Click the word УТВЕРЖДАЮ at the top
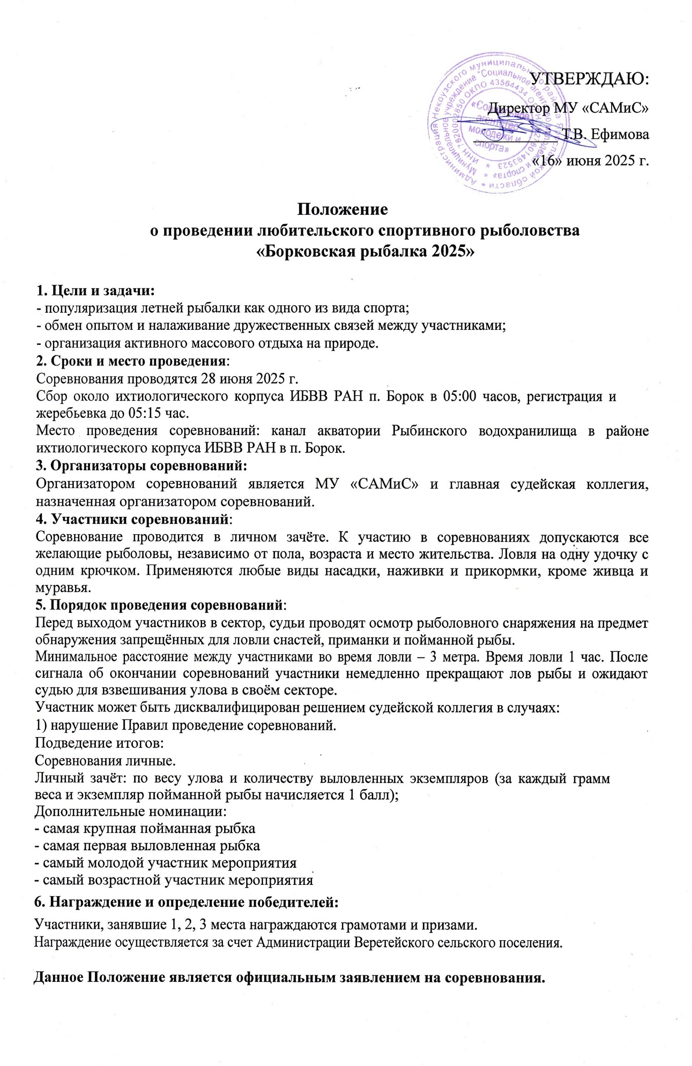pos(590,80)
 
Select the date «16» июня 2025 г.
pos(590,160)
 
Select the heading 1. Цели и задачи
pos(95,291)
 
